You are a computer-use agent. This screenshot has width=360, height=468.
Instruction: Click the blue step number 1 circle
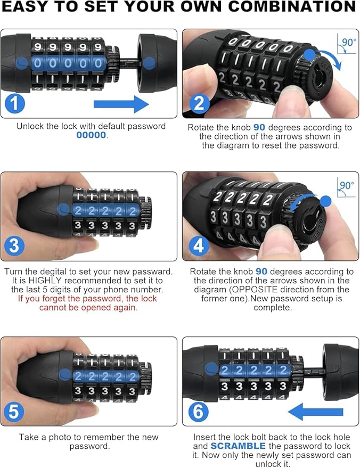point(14,103)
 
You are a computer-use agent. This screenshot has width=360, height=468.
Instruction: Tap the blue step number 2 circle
point(199,103)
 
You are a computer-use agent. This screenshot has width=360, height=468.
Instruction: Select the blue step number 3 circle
point(14,246)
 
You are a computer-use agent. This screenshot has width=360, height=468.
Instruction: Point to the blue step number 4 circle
point(199,246)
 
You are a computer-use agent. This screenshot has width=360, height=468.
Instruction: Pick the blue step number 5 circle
point(14,412)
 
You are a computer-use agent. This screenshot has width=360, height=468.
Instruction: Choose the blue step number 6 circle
point(198,412)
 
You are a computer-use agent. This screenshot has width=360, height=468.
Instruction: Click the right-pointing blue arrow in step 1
point(121,104)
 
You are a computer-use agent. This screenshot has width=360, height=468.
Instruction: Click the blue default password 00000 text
point(91,135)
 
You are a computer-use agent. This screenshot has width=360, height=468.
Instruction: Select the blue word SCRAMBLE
point(238,446)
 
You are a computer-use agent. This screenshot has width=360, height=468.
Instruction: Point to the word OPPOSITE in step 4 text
point(255,290)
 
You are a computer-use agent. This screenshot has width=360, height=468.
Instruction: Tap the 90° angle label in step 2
point(349,43)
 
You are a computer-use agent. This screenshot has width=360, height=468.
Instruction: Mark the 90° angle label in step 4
point(347,186)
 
